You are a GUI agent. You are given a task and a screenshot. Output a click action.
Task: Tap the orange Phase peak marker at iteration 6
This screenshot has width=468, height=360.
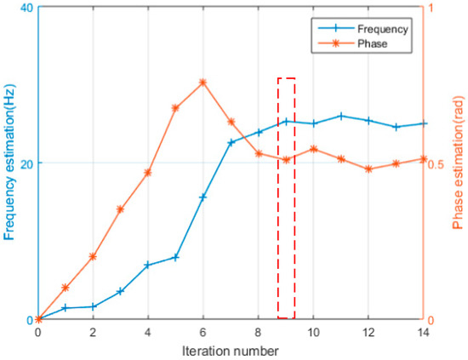click(203, 83)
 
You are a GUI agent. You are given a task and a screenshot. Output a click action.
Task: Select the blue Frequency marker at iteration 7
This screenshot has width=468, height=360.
click(231, 142)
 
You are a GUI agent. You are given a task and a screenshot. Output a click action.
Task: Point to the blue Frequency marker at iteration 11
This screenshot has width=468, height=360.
click(340, 116)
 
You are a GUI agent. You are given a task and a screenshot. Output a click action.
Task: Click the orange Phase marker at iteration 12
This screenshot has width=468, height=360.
click(368, 169)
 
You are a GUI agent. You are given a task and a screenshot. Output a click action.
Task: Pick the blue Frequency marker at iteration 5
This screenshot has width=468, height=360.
click(175, 257)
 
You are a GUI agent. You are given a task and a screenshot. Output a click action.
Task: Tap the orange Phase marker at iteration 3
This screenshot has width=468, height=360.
click(120, 209)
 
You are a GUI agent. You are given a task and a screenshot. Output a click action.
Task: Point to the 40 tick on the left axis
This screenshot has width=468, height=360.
click(25, 8)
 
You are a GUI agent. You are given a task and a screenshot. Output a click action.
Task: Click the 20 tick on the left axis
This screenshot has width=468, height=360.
click(25, 163)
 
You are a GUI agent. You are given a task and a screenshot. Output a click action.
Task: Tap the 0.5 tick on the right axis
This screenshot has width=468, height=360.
click(437, 163)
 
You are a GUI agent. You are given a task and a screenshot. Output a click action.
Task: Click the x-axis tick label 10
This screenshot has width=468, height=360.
click(313, 332)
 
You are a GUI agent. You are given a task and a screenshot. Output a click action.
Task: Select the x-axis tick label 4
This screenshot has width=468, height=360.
click(148, 332)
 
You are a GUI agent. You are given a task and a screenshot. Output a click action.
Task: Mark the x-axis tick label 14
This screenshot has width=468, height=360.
click(423, 332)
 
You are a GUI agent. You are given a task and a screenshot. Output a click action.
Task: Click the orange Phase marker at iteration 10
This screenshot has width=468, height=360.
click(313, 149)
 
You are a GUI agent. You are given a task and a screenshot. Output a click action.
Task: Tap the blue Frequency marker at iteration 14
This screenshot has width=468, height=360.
click(423, 123)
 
